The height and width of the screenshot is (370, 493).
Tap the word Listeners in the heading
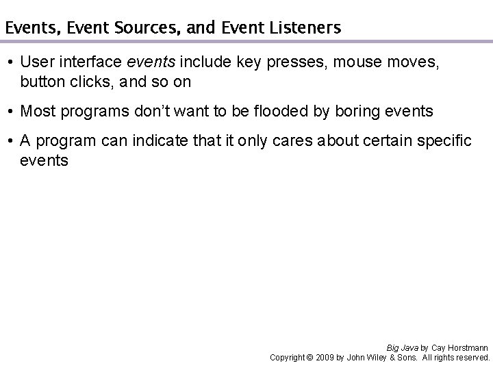pos(305,28)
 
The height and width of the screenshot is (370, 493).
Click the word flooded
pos(277,111)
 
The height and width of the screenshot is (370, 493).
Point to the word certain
pos(382,140)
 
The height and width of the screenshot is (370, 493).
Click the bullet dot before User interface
pos(11,63)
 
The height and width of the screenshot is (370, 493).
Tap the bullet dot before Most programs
pos(11,112)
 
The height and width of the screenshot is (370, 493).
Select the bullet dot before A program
pos(11,141)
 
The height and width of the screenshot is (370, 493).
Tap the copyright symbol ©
pos(309,358)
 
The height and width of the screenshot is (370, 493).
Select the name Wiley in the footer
pos(375,358)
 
